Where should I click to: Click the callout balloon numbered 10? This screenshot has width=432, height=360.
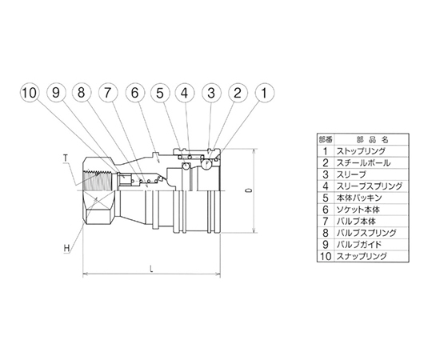point(30,93)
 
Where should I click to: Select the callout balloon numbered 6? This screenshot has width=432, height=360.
point(134,93)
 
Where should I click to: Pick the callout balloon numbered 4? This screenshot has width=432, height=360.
point(185,93)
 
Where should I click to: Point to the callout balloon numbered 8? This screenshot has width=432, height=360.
point(82,93)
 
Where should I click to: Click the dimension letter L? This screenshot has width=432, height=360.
point(151,269)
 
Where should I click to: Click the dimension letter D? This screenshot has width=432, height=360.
point(250,190)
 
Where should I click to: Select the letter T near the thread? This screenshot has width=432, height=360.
point(66,158)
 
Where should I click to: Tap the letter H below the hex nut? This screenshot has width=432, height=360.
point(66,248)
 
